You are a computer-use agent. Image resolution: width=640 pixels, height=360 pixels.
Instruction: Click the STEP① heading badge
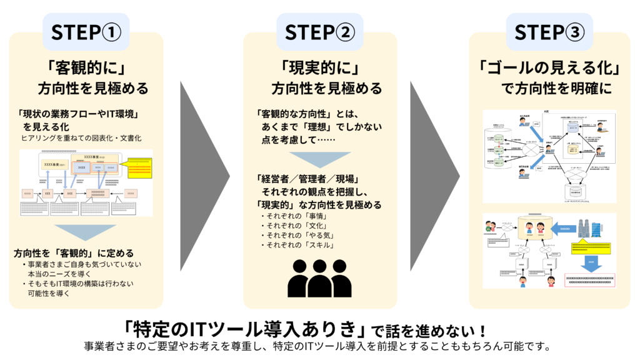click(86, 32)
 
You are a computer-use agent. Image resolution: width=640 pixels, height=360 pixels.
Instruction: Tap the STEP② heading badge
click(319, 32)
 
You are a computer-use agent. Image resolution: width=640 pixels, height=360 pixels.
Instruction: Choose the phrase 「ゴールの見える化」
click(548, 66)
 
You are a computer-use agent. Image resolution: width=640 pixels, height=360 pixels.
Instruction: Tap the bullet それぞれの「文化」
click(292, 226)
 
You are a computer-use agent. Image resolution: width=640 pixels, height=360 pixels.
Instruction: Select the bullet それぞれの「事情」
click(292, 216)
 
